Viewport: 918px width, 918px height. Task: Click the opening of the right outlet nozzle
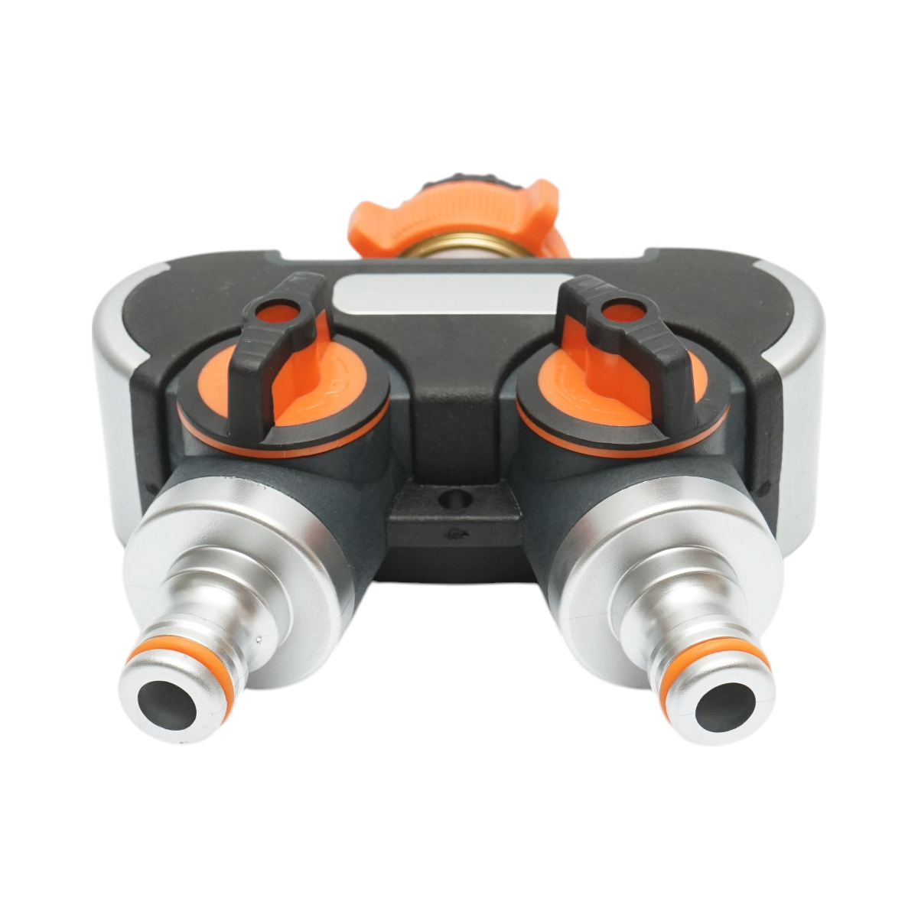(724, 703)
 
